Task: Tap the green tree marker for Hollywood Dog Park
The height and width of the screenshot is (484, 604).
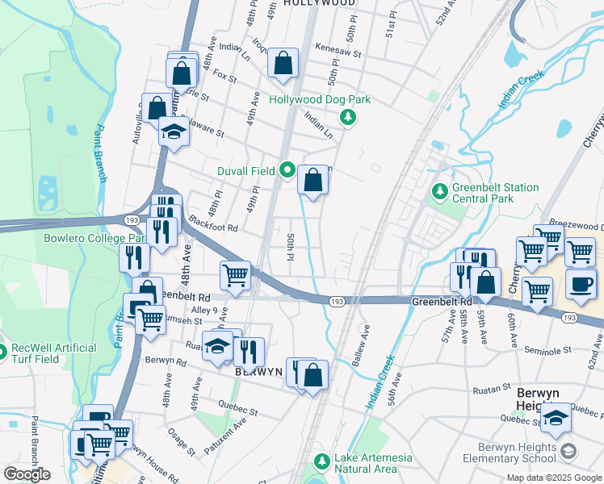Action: [348, 118]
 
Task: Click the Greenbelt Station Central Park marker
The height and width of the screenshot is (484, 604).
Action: [440, 192]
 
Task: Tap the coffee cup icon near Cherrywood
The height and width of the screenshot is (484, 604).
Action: [581, 284]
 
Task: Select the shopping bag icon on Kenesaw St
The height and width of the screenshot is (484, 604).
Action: [283, 63]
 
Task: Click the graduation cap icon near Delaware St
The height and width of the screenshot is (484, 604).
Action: [173, 129]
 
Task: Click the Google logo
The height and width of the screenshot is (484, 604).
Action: [27, 474]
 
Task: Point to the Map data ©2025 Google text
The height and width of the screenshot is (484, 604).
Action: [554, 478]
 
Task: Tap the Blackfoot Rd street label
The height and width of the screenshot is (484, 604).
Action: [213, 227]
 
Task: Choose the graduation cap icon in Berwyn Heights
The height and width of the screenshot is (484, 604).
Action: [556, 417]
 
